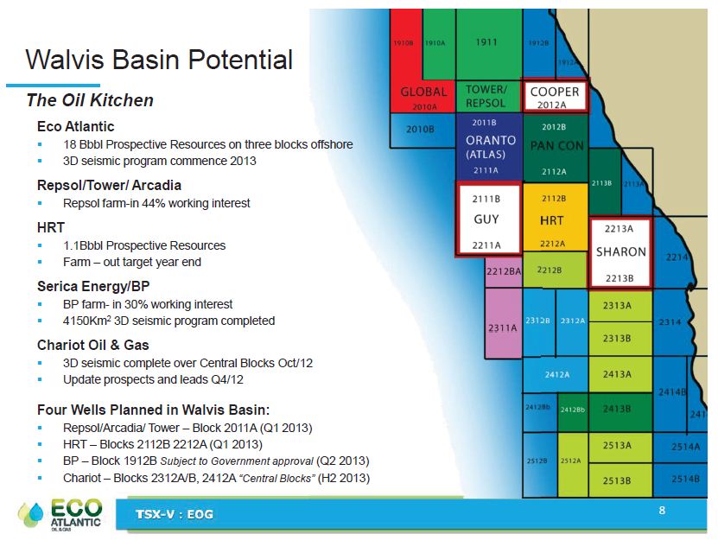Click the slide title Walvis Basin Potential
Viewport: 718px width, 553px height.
[x=159, y=60]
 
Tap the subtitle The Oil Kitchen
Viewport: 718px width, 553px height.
[x=90, y=100]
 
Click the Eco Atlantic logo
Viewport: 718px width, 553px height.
[x=60, y=514]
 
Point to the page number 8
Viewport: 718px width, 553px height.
[x=662, y=511]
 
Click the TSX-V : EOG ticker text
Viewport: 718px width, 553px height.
[x=175, y=514]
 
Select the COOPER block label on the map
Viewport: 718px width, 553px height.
[x=555, y=92]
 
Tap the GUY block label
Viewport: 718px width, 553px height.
[x=486, y=219]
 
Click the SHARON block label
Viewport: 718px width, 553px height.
[x=621, y=251]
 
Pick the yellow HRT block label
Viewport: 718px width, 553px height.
[x=552, y=220]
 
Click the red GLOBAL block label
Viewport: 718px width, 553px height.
[x=423, y=92]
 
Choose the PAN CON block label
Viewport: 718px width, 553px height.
[x=556, y=145]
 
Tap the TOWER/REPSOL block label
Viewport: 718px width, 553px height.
[x=486, y=96]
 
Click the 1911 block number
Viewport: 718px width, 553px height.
[x=486, y=42]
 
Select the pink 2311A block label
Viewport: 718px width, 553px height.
[x=502, y=327]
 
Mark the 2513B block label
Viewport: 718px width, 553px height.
[x=617, y=480]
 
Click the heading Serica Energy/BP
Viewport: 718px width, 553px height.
[x=93, y=286]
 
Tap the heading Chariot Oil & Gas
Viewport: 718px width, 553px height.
[x=93, y=345]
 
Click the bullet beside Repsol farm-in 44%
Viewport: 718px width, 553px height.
[x=40, y=203]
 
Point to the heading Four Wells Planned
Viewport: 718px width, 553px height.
[x=154, y=410]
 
